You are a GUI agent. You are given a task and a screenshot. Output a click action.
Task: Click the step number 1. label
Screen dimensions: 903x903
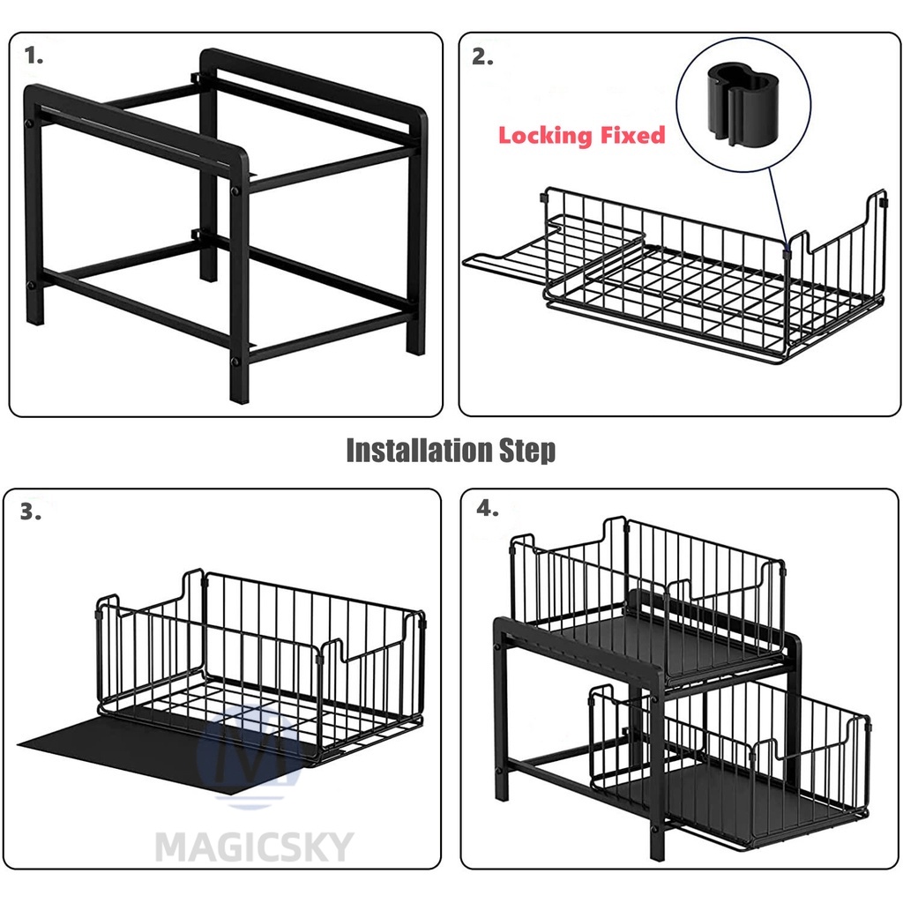click(x=34, y=56)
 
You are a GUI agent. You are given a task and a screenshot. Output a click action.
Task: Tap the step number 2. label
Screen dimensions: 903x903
click(x=482, y=57)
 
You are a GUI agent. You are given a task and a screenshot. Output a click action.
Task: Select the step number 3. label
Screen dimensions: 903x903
click(x=31, y=511)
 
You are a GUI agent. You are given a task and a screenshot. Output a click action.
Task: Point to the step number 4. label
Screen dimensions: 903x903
click(x=487, y=509)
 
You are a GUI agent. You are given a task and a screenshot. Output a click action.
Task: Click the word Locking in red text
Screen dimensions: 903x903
click(x=545, y=136)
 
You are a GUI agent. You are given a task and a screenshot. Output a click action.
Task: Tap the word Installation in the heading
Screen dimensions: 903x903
click(x=419, y=450)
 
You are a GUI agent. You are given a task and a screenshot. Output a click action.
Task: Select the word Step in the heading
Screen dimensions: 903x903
click(x=527, y=451)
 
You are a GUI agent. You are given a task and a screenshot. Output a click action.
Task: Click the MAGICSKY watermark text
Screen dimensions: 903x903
click(x=254, y=847)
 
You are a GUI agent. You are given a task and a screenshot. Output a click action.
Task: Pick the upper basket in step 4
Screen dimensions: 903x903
click(x=648, y=599)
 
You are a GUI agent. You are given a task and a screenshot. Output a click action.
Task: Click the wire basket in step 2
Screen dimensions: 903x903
click(x=714, y=276)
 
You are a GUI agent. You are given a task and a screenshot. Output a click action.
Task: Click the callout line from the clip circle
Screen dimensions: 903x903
click(x=779, y=208)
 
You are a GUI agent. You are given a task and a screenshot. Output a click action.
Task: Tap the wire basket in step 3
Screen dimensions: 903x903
click(x=260, y=668)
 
